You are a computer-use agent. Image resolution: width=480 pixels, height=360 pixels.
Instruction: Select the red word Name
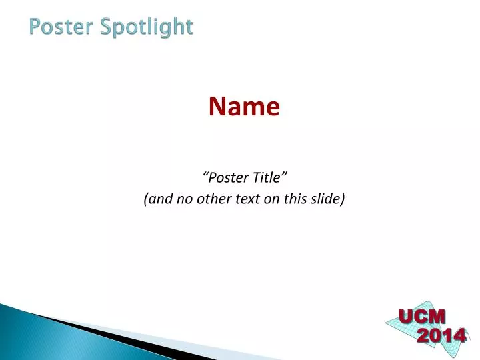coord(244,106)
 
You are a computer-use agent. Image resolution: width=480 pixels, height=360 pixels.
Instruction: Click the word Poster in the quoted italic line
coord(227,177)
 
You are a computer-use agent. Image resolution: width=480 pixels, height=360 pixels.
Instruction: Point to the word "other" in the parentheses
coord(211,198)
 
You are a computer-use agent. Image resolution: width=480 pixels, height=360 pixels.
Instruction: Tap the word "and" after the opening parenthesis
coord(159,198)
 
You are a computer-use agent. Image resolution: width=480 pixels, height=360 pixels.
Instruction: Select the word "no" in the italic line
coord(183,198)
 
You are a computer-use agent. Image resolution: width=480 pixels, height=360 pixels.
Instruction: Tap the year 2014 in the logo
coord(441,335)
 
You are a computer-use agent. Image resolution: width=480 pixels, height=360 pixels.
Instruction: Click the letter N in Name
coord(217,106)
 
